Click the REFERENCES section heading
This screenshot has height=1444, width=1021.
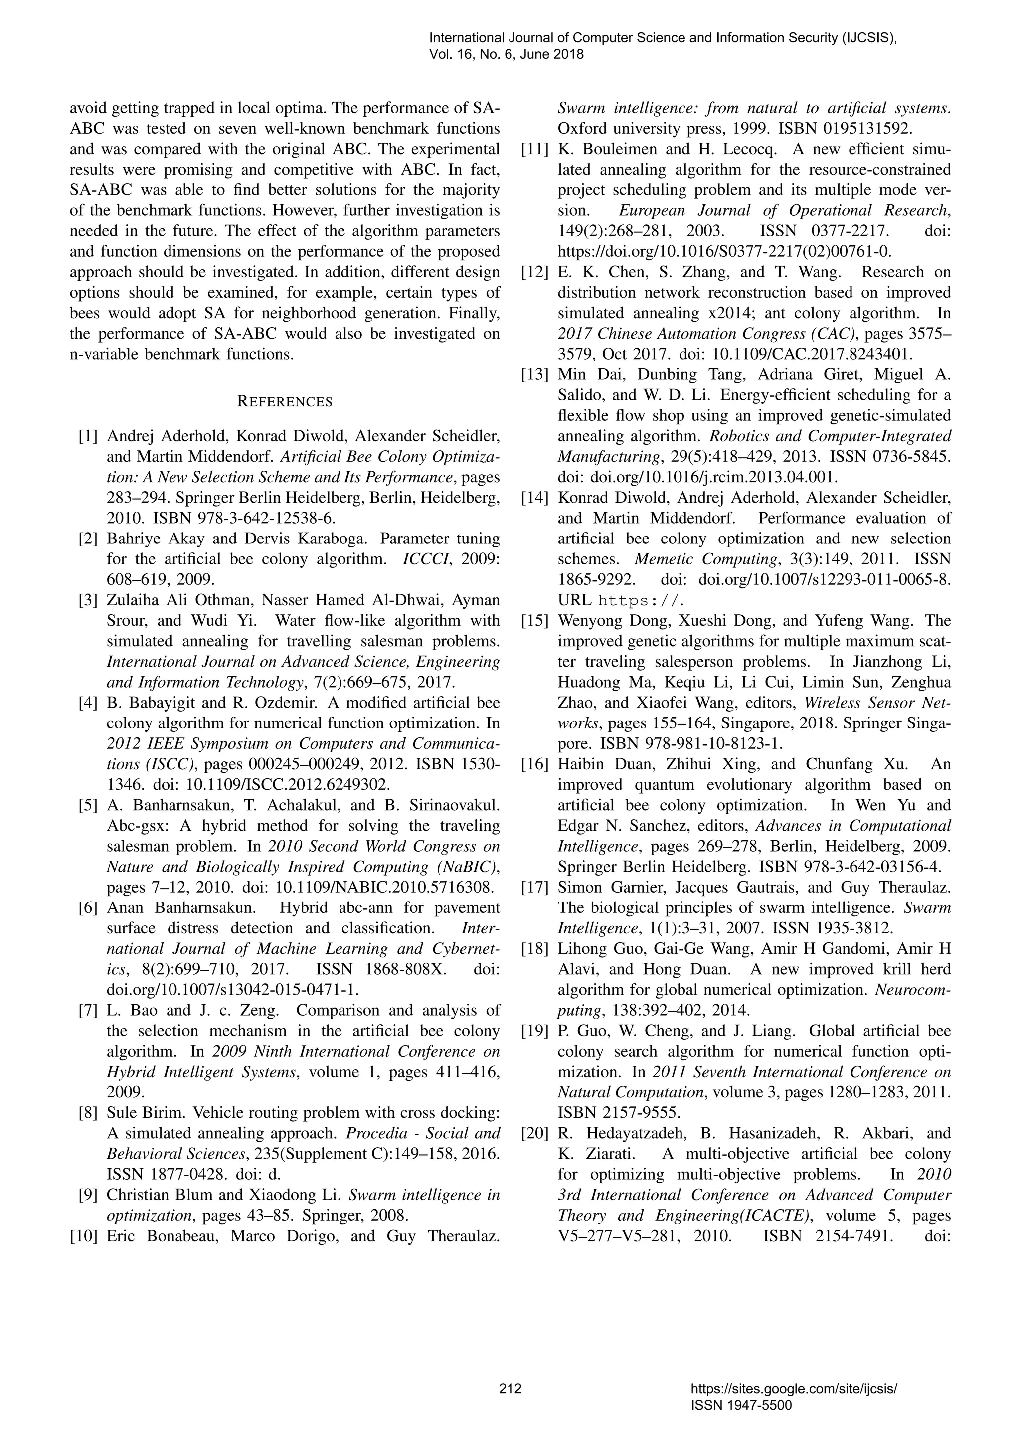pyautogui.click(x=284, y=402)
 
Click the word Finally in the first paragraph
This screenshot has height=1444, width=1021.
pyautogui.click(x=467, y=313)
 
